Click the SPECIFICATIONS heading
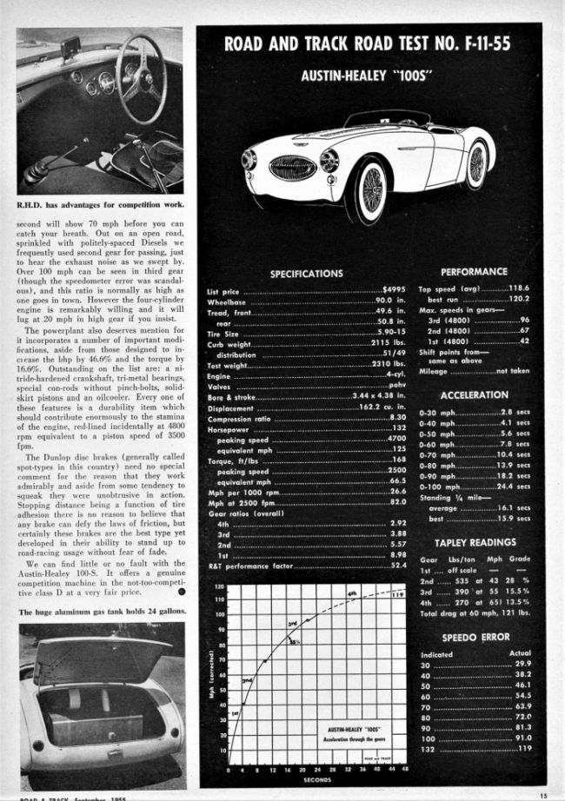coord(306,274)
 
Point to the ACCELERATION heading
coord(475,394)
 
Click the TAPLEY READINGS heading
coord(475,542)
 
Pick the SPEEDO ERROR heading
coord(475,637)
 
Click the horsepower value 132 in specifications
coord(400,427)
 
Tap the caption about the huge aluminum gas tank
coord(100,612)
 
